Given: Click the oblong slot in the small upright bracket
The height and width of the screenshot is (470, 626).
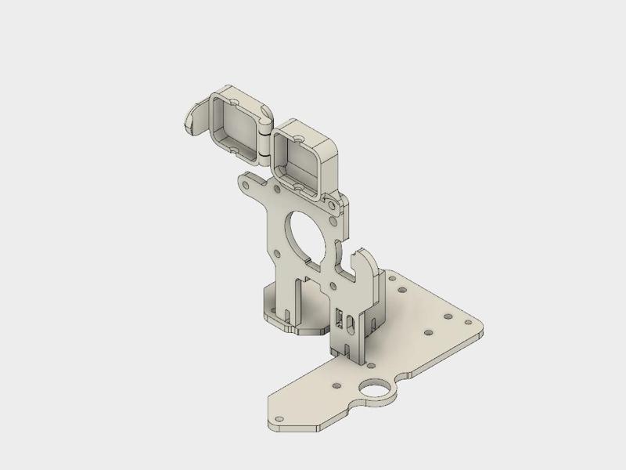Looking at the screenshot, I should coord(340,318).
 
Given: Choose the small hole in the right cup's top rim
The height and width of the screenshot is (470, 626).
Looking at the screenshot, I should coord(300,136).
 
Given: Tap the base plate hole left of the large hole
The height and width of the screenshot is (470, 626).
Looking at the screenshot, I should coord(336,386).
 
